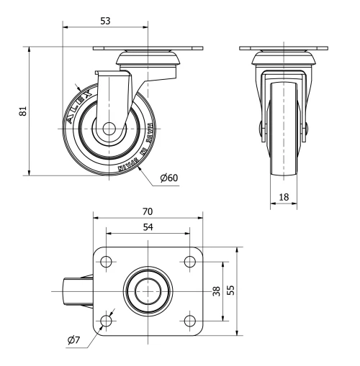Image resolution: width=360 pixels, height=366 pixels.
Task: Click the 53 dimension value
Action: [105, 22]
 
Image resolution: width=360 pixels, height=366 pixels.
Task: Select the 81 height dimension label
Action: [22, 111]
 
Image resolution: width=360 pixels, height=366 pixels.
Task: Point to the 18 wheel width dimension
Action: [283, 196]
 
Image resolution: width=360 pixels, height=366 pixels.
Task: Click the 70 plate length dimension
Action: [148, 212]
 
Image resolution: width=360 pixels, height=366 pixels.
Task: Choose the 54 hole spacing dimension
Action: [148, 227]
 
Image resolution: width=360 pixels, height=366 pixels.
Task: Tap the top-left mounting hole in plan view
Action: [107, 261]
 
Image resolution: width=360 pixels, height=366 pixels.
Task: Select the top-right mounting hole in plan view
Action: [189, 261]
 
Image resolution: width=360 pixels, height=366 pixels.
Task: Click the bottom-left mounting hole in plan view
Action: [107, 320]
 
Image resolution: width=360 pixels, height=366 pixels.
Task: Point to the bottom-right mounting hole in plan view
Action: [189, 320]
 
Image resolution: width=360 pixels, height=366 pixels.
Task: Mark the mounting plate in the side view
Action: [149, 50]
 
